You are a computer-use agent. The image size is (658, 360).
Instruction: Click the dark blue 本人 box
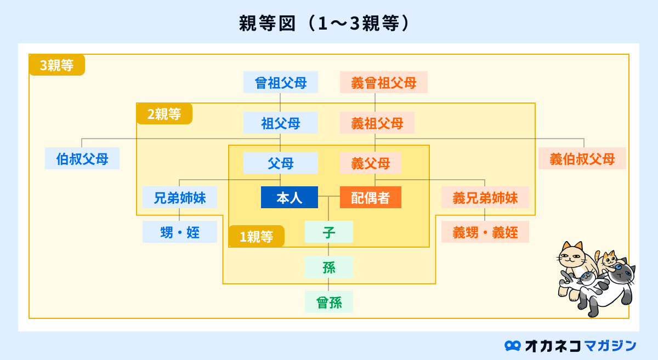[x=290, y=197]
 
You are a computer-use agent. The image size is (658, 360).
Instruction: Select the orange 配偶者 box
[x=371, y=197]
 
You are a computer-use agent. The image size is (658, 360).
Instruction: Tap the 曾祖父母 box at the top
[x=281, y=82]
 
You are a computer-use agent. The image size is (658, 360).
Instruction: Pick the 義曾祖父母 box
[x=384, y=82]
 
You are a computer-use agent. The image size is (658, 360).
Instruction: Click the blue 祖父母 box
[x=281, y=123]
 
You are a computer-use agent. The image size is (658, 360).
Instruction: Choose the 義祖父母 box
[x=377, y=123]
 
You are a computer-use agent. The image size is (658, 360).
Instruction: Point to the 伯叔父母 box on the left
[x=82, y=158]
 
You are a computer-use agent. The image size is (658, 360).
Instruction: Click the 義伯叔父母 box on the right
[x=582, y=158]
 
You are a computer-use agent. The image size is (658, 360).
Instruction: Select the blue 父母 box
[x=281, y=163]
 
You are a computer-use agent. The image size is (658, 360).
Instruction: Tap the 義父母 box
[x=371, y=163]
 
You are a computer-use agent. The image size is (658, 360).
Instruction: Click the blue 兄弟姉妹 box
[x=180, y=197]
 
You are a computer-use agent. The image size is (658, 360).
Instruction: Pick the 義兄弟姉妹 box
[x=485, y=197]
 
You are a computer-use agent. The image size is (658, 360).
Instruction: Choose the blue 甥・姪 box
[x=180, y=232]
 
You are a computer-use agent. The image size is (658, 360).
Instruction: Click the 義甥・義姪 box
[x=485, y=232]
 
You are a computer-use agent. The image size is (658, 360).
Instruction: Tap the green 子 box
[x=329, y=232]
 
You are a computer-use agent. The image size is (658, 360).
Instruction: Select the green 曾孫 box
[x=329, y=302]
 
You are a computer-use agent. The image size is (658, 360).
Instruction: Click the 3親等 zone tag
[x=57, y=65]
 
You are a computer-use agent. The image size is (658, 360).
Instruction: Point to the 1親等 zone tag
[x=257, y=236]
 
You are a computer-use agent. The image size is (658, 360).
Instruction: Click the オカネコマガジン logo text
[x=570, y=346]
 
